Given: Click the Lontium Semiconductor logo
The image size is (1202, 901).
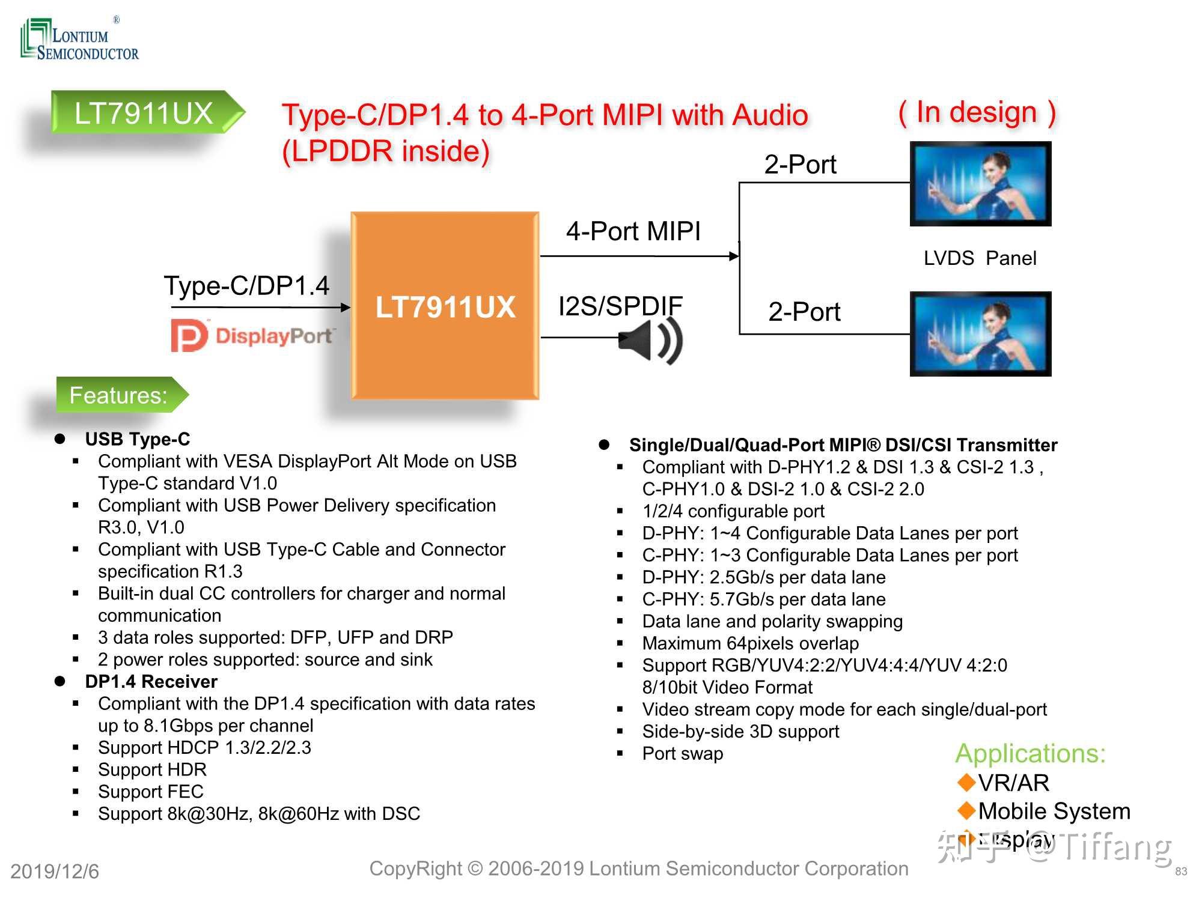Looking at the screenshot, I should click(79, 40).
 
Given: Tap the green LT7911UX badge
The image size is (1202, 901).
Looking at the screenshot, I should click(144, 113).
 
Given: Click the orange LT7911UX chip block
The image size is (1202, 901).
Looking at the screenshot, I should click(445, 306).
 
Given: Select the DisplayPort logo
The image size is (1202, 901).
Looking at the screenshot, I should click(252, 335).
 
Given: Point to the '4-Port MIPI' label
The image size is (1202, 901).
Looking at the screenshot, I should click(633, 231).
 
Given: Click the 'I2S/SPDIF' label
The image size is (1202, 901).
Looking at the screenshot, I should click(620, 306).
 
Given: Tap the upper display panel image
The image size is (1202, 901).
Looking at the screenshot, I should click(980, 184).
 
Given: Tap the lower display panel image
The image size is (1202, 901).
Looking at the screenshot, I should click(980, 334).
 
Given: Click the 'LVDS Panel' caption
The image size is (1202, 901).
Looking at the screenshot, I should click(980, 258).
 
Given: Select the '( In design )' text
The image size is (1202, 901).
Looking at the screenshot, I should click(977, 112).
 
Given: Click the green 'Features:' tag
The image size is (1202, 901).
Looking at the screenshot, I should click(119, 395).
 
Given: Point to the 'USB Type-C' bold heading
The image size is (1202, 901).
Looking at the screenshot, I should click(137, 439).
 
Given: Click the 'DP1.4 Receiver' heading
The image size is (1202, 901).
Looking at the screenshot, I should click(151, 681).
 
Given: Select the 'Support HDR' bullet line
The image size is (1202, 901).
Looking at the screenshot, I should click(152, 769).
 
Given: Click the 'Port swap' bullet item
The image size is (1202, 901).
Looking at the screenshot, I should click(682, 753).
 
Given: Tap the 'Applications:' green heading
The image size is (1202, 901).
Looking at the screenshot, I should click(1030, 753).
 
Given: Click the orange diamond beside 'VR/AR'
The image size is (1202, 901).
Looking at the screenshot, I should click(966, 782).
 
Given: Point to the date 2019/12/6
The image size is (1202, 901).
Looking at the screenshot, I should click(55, 872).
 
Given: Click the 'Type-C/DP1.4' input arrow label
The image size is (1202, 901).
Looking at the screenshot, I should click(246, 286).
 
